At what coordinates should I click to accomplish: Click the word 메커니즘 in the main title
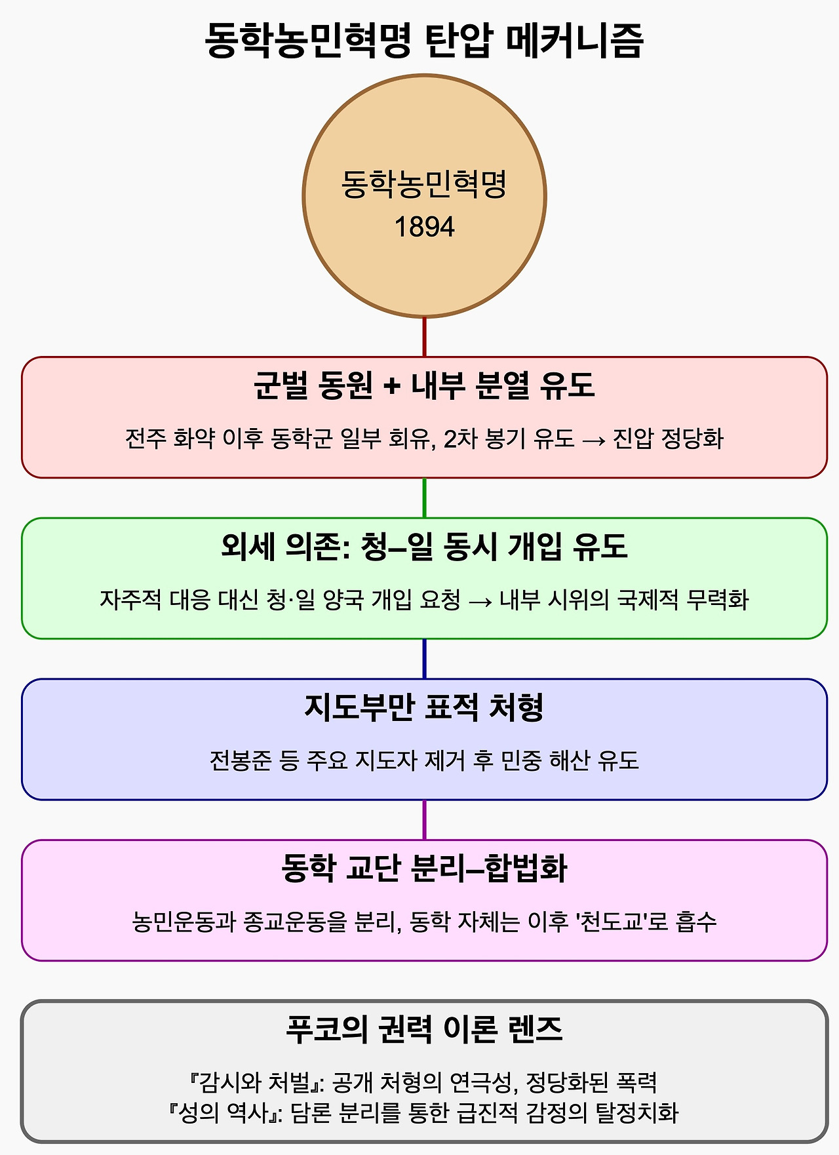click(x=574, y=41)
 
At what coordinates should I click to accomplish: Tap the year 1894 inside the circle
click(x=424, y=227)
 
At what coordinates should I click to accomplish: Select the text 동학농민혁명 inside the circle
click(x=424, y=184)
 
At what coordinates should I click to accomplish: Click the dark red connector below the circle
click(x=424, y=337)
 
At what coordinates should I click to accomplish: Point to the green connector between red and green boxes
click(x=424, y=498)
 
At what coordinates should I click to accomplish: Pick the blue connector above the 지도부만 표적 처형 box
click(x=424, y=659)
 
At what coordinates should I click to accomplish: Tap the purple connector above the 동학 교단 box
click(x=424, y=819)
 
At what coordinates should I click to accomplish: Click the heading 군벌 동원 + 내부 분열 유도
click(x=424, y=385)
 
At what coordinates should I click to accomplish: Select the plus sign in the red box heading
click(x=392, y=386)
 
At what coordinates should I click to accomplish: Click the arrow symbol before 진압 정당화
click(x=593, y=439)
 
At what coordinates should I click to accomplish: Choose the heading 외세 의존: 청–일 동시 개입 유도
click(x=424, y=546)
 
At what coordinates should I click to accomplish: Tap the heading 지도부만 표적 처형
click(x=424, y=707)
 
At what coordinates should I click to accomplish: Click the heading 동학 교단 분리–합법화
click(x=424, y=869)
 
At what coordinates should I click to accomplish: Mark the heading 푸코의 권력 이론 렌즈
click(x=424, y=1029)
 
